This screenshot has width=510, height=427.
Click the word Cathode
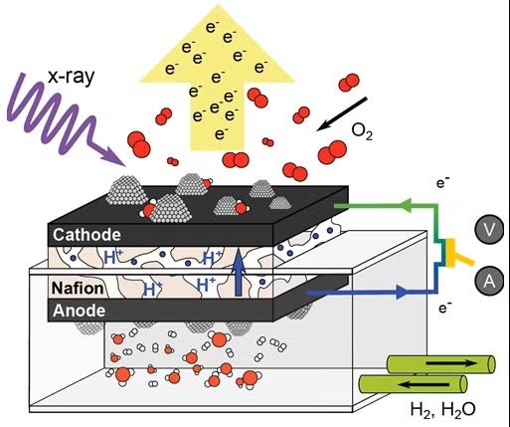tap(86, 235)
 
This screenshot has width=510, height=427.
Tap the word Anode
tap(81, 310)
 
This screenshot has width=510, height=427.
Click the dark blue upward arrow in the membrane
tap(238, 273)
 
